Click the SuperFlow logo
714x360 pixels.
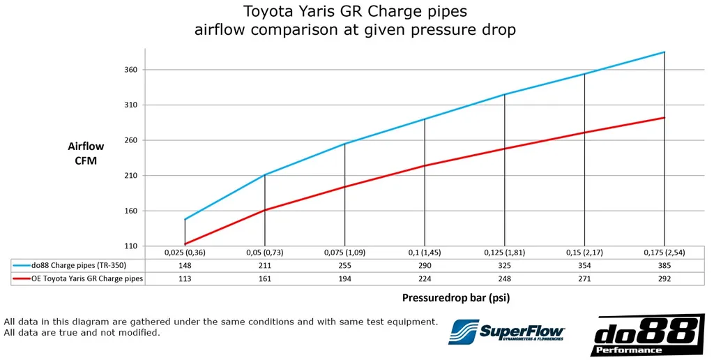[x=506, y=331]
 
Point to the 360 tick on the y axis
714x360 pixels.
[x=131, y=70]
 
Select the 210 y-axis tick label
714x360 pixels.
[x=131, y=175]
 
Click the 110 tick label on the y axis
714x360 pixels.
[x=131, y=246]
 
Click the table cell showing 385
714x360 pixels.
[x=664, y=265]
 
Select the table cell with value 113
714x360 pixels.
[x=185, y=278]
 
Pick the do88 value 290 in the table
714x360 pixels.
[x=425, y=265]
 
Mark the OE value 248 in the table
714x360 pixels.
[x=505, y=278]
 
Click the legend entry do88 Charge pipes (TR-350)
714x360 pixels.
[x=78, y=265]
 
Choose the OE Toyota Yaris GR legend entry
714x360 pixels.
[x=78, y=278]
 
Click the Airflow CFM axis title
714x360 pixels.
[x=86, y=153]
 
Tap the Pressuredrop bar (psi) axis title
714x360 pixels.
[x=456, y=298]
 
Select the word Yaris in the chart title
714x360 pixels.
[x=331, y=11]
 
